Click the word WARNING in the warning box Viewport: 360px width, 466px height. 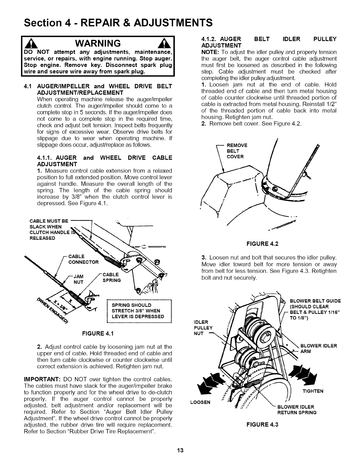click(x=98, y=43)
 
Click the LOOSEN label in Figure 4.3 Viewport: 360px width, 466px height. click(x=200, y=402)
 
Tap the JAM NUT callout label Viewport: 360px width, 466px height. click(x=79, y=279)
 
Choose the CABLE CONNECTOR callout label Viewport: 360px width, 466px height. click(x=83, y=259)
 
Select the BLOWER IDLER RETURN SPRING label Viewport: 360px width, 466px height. click(x=297, y=410)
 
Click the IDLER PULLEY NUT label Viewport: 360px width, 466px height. click(x=203, y=327)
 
